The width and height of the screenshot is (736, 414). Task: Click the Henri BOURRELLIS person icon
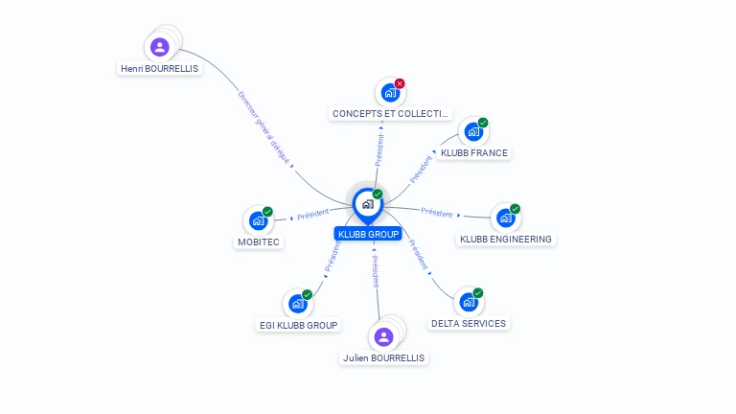click(x=160, y=46)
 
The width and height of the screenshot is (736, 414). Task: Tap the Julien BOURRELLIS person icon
click(x=383, y=336)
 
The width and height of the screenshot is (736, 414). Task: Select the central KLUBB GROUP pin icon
click(x=367, y=204)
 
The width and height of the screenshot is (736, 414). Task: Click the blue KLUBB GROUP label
click(x=368, y=234)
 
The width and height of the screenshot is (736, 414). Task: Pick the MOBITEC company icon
click(x=257, y=220)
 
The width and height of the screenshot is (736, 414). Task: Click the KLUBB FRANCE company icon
click(x=473, y=131)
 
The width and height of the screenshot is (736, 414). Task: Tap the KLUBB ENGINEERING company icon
click(x=505, y=218)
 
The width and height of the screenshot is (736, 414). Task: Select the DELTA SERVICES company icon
click(x=469, y=302)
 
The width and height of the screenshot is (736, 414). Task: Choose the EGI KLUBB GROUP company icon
click(x=298, y=304)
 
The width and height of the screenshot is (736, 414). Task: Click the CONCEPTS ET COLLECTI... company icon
click(x=389, y=92)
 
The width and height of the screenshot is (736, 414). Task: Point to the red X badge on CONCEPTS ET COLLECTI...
click(x=400, y=83)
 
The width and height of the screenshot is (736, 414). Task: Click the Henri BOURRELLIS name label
click(x=160, y=69)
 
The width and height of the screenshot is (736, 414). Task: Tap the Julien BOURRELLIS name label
click(x=383, y=357)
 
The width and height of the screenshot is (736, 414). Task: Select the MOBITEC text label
click(x=257, y=242)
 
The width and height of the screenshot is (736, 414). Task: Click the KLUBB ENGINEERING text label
click(x=506, y=239)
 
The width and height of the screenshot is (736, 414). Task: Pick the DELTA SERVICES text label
click(x=469, y=324)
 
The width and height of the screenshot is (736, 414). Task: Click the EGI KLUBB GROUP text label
click(x=299, y=325)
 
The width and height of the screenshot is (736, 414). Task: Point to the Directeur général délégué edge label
click(x=263, y=128)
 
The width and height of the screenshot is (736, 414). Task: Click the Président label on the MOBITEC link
click(x=313, y=215)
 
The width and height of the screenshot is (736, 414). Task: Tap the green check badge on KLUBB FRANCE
click(x=483, y=123)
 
